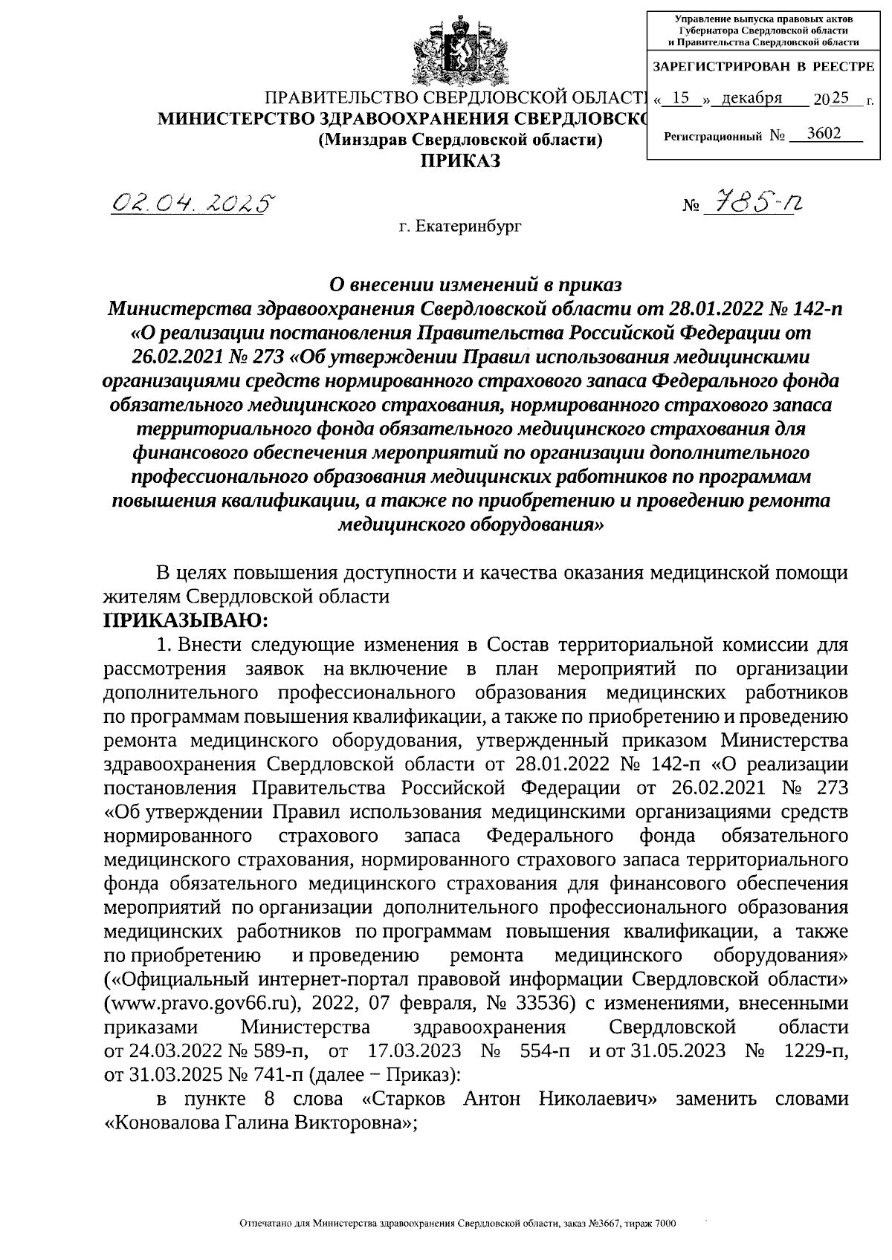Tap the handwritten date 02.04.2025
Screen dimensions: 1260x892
click(x=192, y=202)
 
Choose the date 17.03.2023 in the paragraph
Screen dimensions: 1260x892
click(x=415, y=1052)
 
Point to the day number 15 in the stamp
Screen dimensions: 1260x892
click(x=680, y=98)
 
